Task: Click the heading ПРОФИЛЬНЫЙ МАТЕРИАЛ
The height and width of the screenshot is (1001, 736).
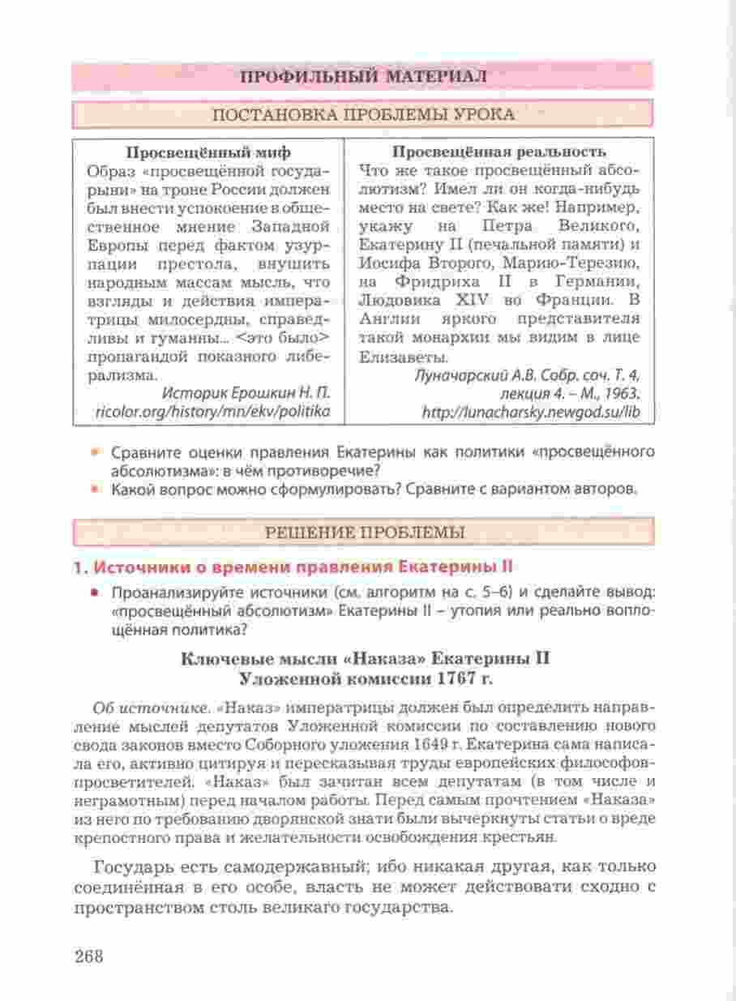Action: pos(362,77)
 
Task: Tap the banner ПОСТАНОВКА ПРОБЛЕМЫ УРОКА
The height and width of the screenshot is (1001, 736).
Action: pos(362,114)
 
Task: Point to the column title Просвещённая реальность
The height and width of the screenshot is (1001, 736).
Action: pos(499,152)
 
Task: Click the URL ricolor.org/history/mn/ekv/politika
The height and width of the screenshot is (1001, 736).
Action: pos(212,412)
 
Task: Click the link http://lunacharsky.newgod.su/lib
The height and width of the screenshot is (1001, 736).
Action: pos(531,412)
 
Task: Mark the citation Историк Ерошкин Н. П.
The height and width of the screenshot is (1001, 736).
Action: pos(246,394)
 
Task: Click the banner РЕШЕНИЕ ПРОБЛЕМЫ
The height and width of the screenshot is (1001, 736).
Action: pos(362,533)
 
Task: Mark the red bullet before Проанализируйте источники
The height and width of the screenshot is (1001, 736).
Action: pos(96,591)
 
